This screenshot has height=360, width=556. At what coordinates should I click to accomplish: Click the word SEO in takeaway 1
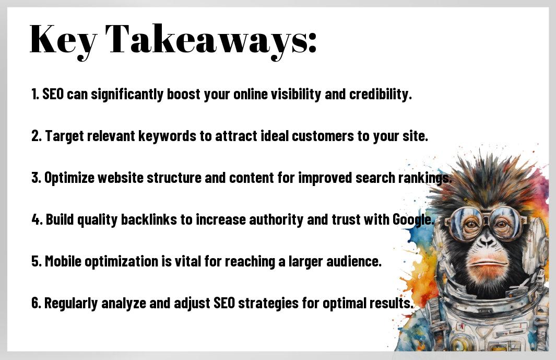coord(53,94)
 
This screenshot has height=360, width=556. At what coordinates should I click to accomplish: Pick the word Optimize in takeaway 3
coord(69,178)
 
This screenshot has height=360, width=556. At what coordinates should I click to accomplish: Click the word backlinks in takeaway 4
coord(149,219)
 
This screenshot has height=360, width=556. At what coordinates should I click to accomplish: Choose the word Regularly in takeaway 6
coord(71,304)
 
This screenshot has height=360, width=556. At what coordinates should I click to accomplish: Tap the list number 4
coord(36,220)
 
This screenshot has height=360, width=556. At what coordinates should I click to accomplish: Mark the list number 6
coord(36,303)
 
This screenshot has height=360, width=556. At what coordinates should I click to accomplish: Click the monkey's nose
coord(487,243)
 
